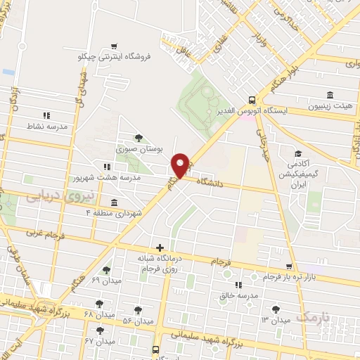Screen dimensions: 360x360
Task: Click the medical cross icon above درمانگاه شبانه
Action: tap(161, 247)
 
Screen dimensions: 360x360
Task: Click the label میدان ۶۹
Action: tap(106, 281)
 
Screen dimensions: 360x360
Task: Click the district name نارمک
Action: tap(312, 318)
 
